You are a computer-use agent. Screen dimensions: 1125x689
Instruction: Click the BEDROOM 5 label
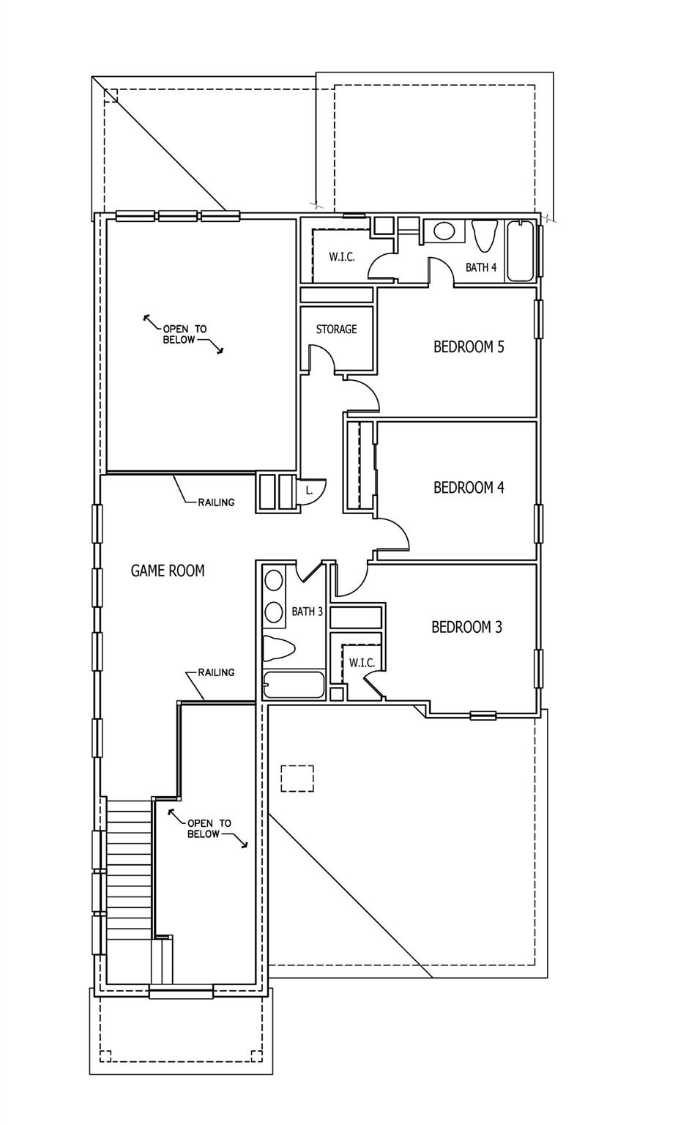pyautogui.click(x=469, y=347)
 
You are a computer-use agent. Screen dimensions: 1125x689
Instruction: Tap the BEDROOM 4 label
pyautogui.click(x=469, y=488)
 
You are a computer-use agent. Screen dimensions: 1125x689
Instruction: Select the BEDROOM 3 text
pyautogui.click(x=466, y=628)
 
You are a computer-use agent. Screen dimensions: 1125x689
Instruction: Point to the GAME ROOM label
pyautogui.click(x=168, y=571)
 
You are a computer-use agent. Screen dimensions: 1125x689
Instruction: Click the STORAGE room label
pyautogui.click(x=337, y=330)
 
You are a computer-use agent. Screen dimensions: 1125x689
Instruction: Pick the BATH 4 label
pyautogui.click(x=481, y=267)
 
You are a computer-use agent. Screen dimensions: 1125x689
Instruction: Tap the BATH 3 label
pyautogui.click(x=307, y=612)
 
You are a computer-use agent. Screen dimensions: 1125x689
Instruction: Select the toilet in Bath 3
pyautogui.click(x=279, y=648)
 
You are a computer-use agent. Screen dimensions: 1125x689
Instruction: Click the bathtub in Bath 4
pyautogui.click(x=521, y=251)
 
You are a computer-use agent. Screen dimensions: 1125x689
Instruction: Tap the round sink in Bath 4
pyautogui.click(x=444, y=231)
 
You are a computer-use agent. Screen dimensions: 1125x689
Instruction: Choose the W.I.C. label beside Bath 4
pyautogui.click(x=342, y=257)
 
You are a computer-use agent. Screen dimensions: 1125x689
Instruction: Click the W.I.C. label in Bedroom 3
pyautogui.click(x=362, y=663)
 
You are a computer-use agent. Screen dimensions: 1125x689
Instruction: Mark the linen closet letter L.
pyautogui.click(x=309, y=491)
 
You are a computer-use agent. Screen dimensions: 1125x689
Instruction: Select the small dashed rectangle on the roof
pyautogui.click(x=297, y=778)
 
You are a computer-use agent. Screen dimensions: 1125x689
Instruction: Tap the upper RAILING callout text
pyautogui.click(x=216, y=502)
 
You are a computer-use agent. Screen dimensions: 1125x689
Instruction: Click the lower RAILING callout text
pyautogui.click(x=216, y=672)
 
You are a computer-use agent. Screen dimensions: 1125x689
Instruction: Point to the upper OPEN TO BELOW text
pyautogui.click(x=184, y=335)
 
